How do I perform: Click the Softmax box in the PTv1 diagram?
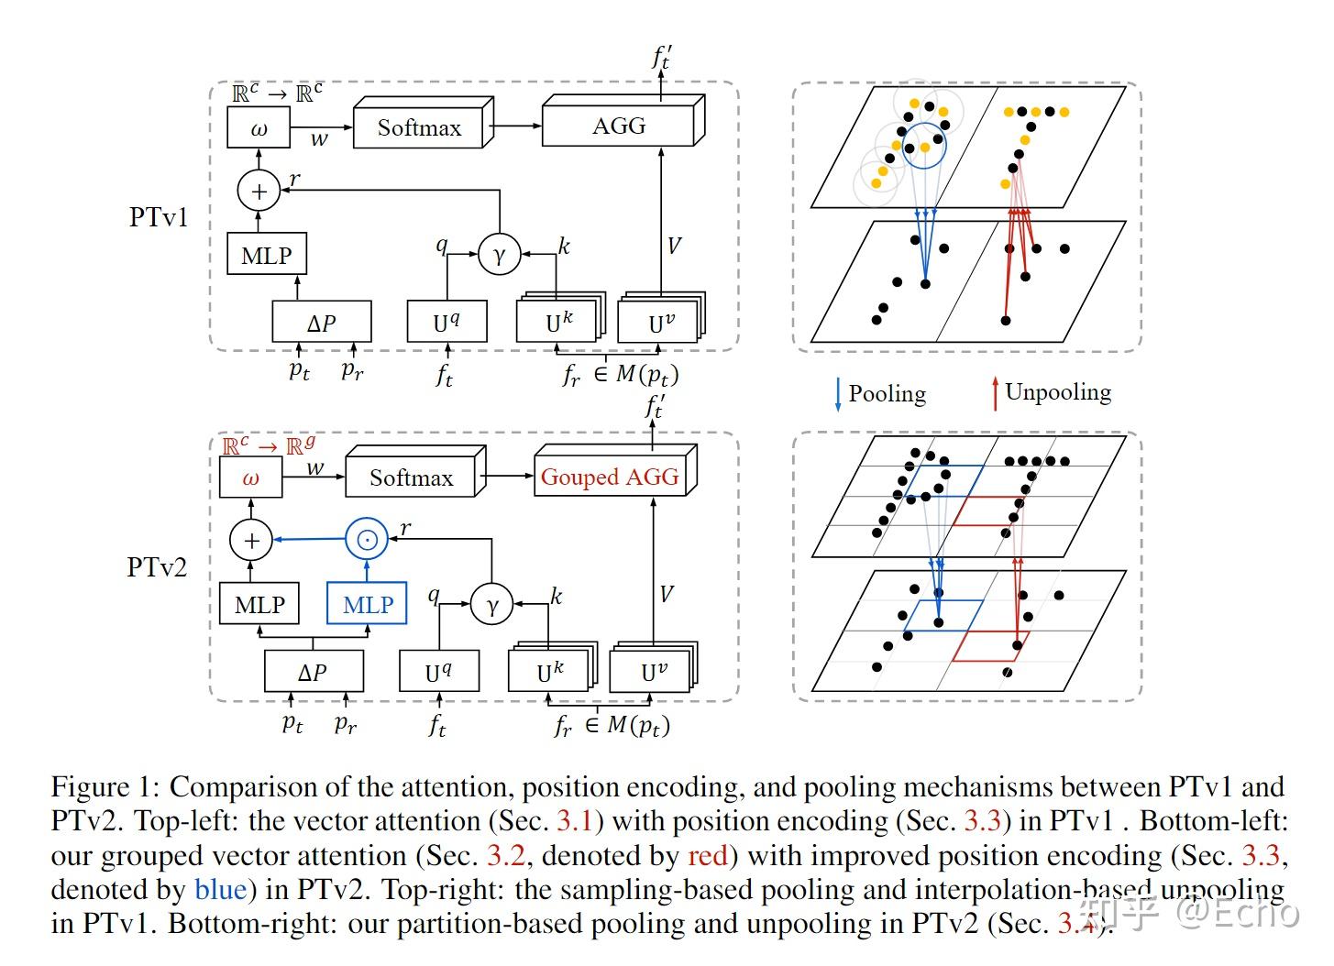419,128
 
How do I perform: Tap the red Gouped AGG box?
610,478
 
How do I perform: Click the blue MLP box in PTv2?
367,605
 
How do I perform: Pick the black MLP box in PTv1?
266,256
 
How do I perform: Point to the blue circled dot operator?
366,540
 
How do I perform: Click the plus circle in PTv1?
259,191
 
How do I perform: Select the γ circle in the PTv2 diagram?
492,605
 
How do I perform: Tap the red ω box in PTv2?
250,478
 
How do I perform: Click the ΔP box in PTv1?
321,323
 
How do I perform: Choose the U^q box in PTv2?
438,673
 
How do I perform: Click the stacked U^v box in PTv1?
660,323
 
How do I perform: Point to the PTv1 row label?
158,217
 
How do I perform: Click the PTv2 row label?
157,567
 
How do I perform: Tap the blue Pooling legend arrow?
837,393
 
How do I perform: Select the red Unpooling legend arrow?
994,393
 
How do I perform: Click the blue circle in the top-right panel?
923,146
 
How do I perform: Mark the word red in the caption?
707,855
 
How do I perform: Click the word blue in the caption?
220,889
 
